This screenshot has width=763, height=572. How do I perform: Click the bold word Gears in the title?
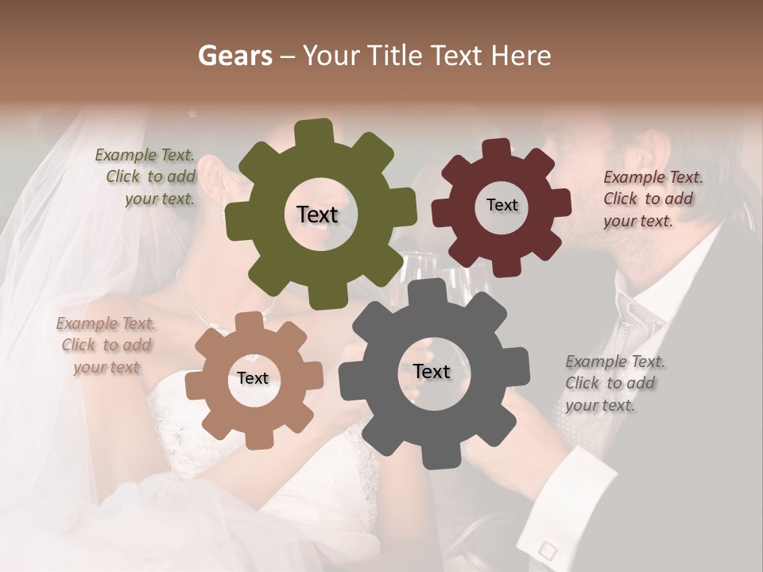tap(234, 56)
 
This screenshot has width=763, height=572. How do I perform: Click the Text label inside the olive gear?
tap(317, 214)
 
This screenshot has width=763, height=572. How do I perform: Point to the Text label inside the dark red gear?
tap(502, 205)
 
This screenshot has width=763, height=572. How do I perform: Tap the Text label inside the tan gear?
tap(253, 379)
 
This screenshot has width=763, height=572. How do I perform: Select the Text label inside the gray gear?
tap(432, 371)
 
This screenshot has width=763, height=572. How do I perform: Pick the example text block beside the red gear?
tap(652, 199)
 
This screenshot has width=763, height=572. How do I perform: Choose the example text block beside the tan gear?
tap(107, 346)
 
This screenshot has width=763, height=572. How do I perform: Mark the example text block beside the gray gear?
tap(614, 383)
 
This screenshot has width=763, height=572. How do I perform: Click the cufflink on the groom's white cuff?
tap(547, 549)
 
